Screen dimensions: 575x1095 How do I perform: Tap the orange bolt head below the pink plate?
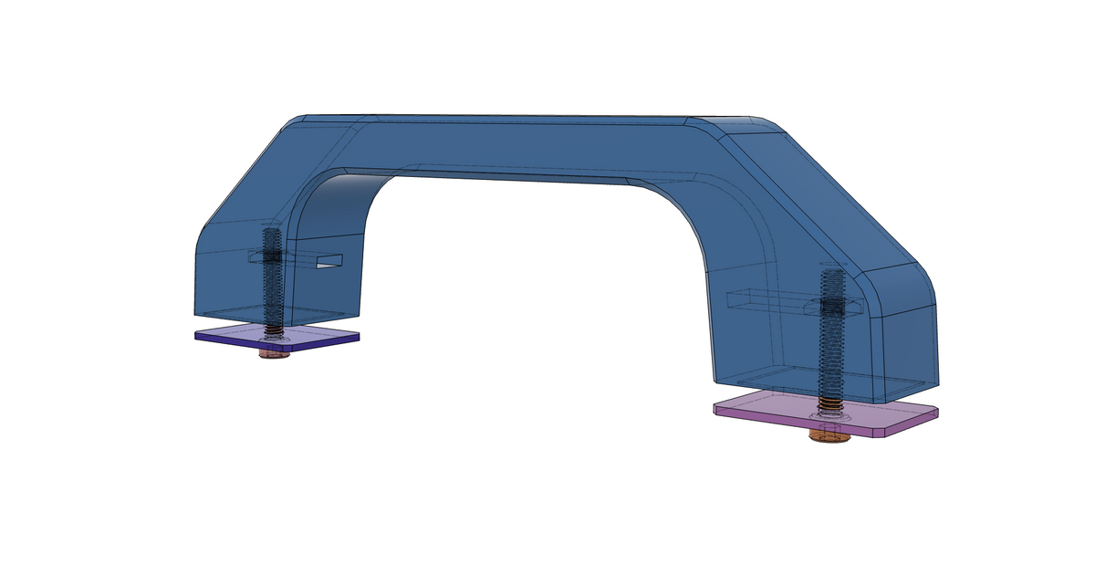click(x=829, y=436)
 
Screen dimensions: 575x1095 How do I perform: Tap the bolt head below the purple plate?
click(x=271, y=353)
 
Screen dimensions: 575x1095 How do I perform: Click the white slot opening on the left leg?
click(x=328, y=263)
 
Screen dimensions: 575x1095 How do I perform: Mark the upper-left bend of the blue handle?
click(x=301, y=128)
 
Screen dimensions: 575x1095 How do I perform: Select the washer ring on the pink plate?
click(x=829, y=418)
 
